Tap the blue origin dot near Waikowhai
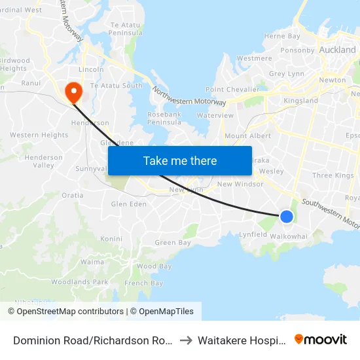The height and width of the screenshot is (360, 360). pos(286,216)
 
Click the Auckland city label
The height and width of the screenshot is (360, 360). pos(337,50)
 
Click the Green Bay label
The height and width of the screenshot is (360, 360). pos(173,243)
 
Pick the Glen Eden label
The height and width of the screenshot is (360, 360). pos(129,204)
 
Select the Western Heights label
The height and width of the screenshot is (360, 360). pos(39,135)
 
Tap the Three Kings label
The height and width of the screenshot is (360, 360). pos(333,175)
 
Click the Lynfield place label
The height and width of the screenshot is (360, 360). pos(253,234)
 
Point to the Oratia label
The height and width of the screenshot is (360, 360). pos(72,195)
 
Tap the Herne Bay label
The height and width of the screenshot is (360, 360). pos(282,37)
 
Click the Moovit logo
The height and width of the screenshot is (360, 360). pos(321,339)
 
